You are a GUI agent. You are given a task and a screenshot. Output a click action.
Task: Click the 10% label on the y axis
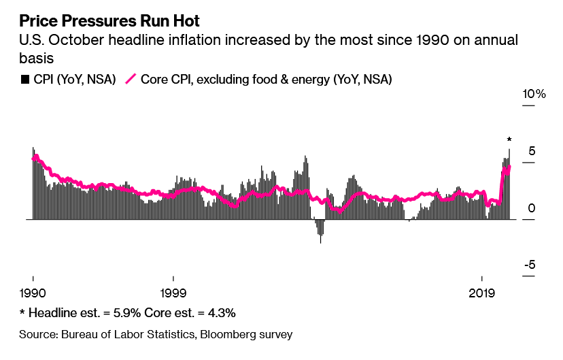534,94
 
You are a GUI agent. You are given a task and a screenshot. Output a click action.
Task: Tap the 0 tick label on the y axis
531,208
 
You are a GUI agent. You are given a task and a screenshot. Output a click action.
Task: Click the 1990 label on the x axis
33,293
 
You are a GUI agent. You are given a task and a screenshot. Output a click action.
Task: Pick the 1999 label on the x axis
173,293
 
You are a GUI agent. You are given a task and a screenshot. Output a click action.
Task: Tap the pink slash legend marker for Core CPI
130,79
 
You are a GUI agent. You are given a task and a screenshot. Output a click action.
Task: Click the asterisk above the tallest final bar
509,140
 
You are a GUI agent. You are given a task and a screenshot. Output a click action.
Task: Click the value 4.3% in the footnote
219,313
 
